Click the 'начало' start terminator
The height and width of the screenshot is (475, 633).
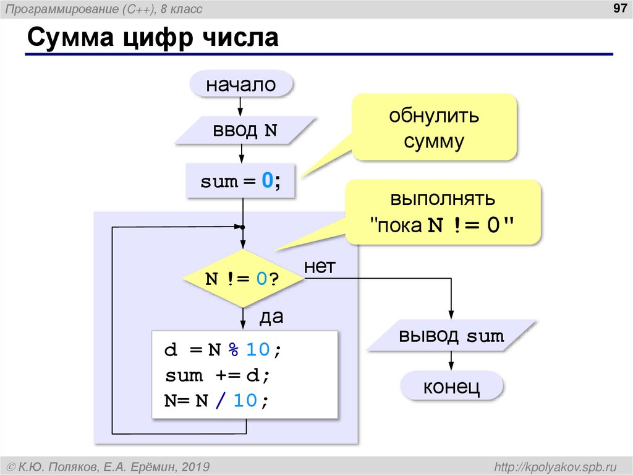(x=241, y=84)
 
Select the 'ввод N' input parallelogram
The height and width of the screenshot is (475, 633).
(x=245, y=131)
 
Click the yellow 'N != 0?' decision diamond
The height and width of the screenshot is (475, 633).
(x=244, y=279)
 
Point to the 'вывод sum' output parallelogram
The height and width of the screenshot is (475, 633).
(x=451, y=336)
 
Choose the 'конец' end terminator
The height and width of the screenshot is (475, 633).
(x=451, y=387)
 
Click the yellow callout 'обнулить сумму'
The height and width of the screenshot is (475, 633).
(x=434, y=128)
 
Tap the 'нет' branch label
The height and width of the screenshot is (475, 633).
(x=319, y=267)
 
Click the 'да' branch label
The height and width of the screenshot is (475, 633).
(x=271, y=317)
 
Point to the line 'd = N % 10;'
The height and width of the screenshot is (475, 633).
(x=223, y=350)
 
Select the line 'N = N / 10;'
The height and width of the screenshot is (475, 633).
(x=217, y=401)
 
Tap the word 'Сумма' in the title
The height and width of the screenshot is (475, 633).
(x=68, y=38)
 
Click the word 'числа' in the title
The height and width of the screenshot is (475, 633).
(x=242, y=38)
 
